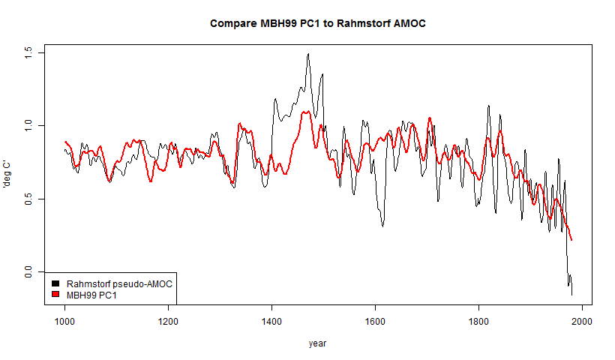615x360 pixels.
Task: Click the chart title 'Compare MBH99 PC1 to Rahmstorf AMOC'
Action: pos(317,23)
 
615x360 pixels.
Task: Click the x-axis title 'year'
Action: pos(317,343)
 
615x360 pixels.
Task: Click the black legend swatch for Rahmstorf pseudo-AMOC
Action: pos(55,284)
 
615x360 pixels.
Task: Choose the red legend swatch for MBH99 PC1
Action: pos(55,295)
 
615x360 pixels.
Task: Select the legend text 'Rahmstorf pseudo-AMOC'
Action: pos(112,284)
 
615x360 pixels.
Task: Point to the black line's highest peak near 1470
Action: pos(307,54)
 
